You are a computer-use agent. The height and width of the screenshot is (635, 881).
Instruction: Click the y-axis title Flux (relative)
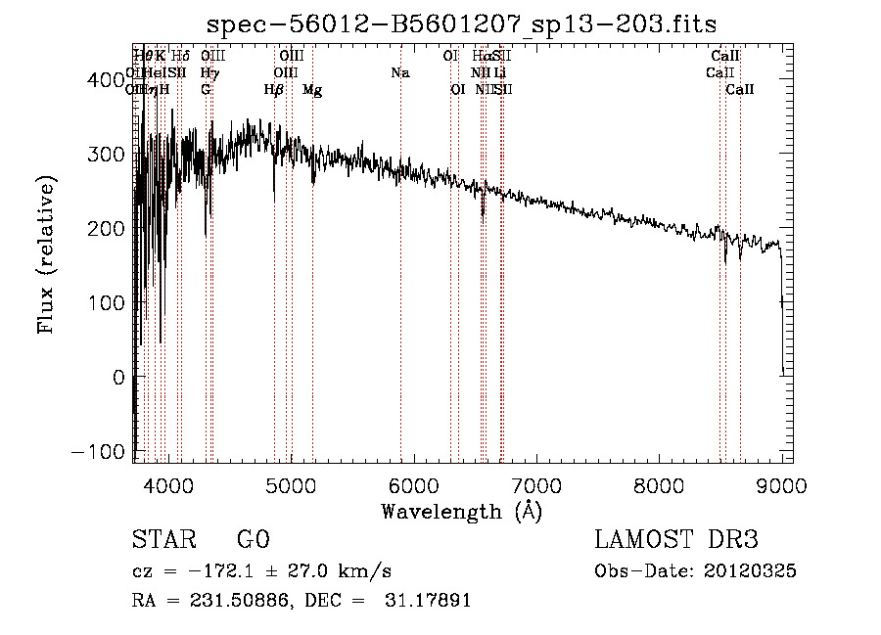(x=47, y=254)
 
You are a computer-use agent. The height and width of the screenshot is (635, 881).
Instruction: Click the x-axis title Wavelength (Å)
(x=461, y=511)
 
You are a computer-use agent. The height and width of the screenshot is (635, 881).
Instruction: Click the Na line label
(x=399, y=72)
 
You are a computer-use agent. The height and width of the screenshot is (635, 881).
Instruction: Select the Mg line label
(x=312, y=90)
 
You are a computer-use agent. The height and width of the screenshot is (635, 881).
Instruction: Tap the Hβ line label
(x=274, y=90)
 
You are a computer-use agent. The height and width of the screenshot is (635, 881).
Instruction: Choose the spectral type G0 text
(x=254, y=540)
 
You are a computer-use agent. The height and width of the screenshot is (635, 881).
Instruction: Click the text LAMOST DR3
(x=676, y=540)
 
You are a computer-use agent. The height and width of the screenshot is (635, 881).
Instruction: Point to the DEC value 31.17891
(x=427, y=601)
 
